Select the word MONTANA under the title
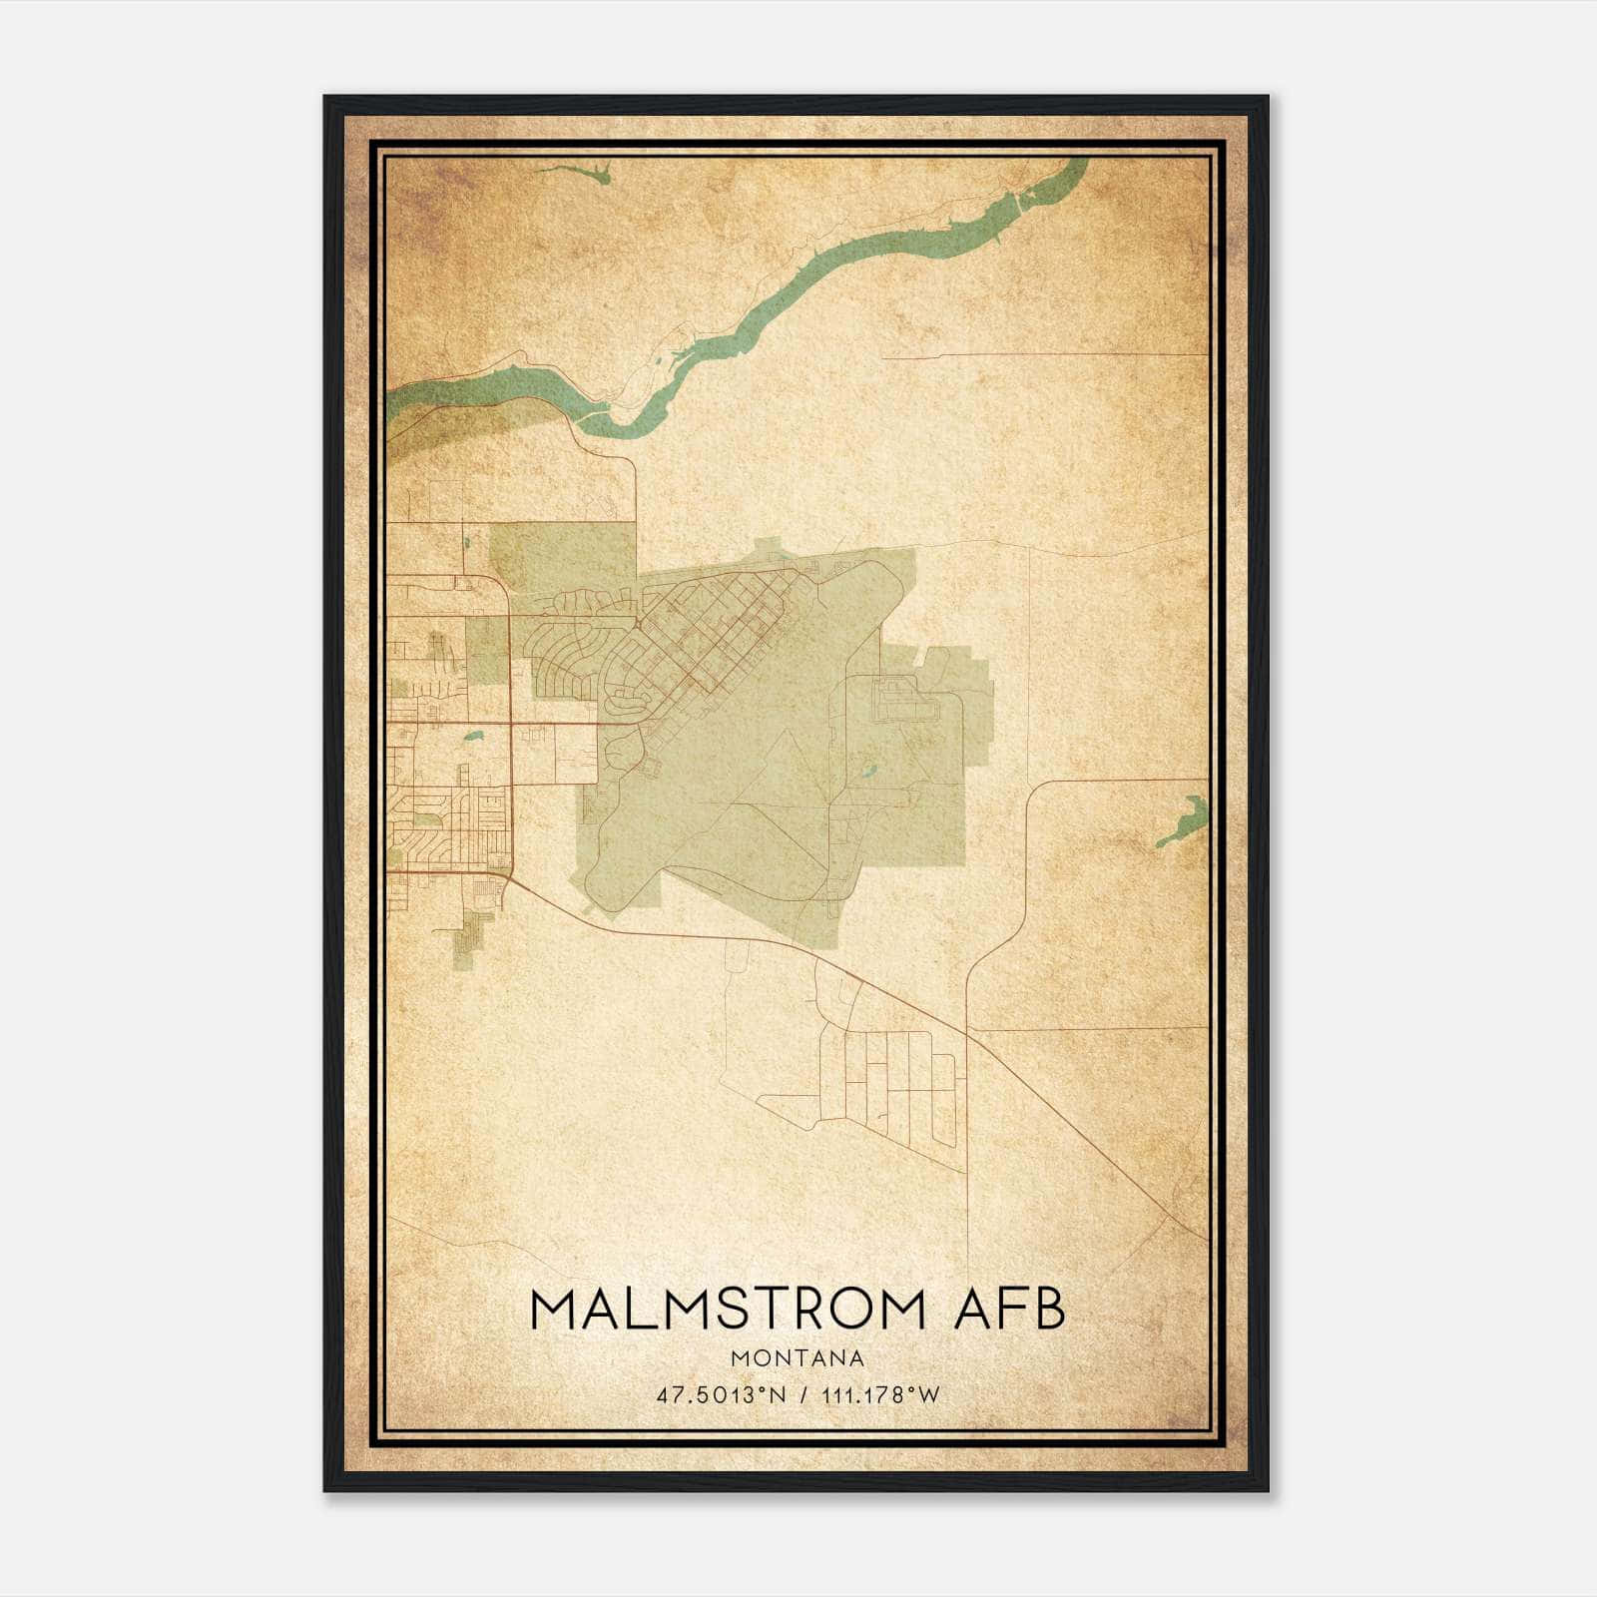[798, 1357]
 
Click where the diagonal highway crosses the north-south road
[966, 1034]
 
